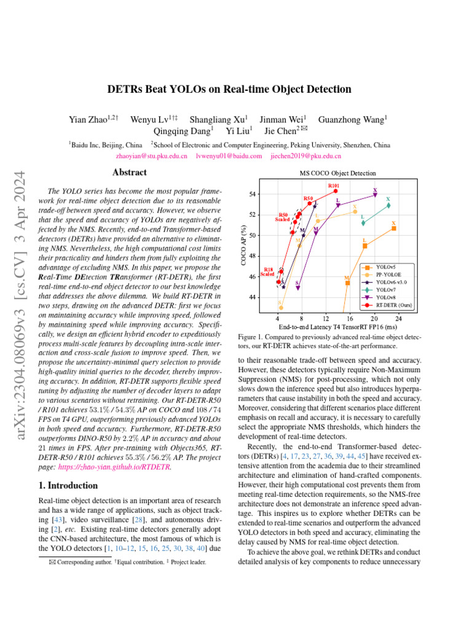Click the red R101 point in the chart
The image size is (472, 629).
(336, 191)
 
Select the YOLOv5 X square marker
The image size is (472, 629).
(394, 229)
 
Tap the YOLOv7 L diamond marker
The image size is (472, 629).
(364, 222)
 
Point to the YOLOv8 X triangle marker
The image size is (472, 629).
(376, 195)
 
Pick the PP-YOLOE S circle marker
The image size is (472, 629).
(281, 307)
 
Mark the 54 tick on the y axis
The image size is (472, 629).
(253, 194)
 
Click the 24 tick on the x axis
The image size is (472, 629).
(399, 318)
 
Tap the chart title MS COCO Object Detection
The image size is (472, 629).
(337, 173)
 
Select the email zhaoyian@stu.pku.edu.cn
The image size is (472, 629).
(151, 157)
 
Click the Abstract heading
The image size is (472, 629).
(130, 173)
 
